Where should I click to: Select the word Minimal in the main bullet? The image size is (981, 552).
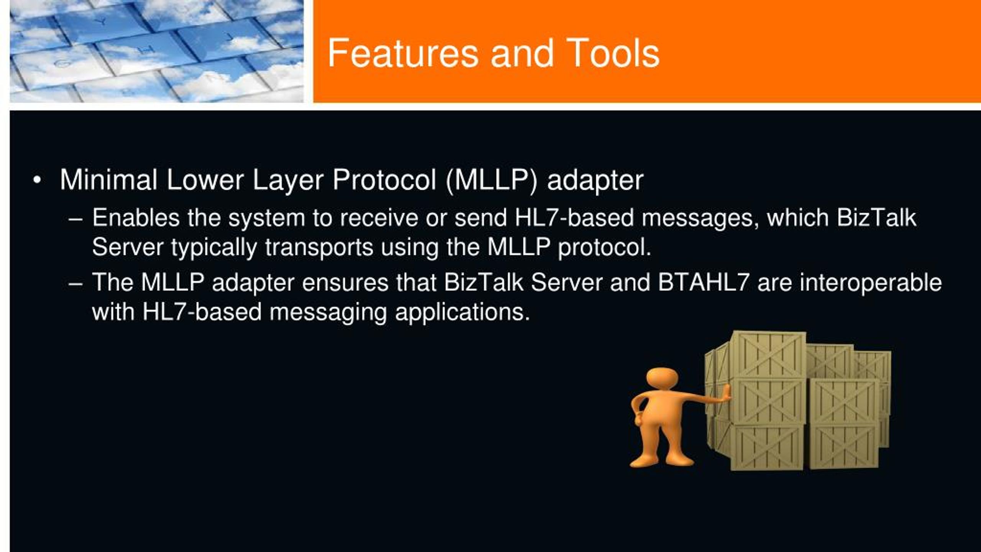tap(108, 180)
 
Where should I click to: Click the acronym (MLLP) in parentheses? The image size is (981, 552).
tap(492, 181)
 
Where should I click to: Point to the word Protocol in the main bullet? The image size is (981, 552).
tap(384, 180)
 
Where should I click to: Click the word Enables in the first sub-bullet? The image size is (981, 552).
tap(136, 218)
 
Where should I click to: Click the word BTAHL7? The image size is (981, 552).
tap(703, 283)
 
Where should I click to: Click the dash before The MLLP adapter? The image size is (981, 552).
tap(75, 284)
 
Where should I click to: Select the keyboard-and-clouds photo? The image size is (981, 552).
tap(156, 51)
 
